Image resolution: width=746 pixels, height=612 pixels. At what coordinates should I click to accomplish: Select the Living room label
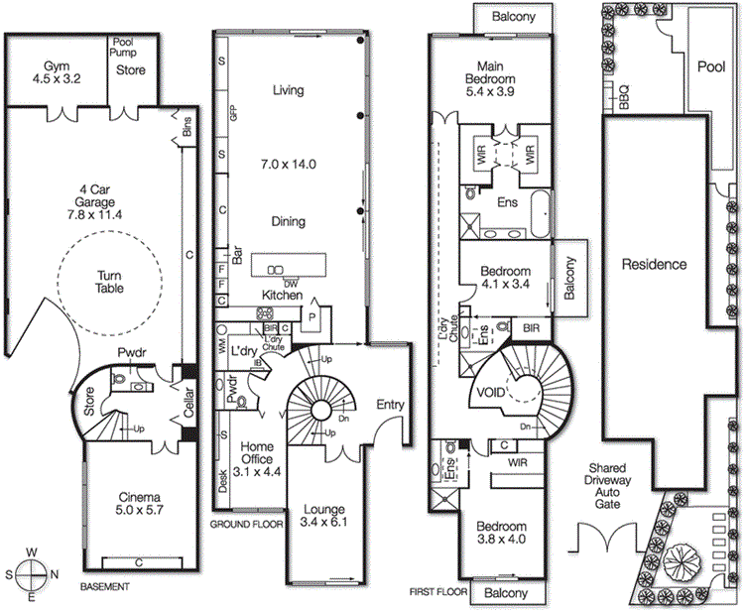pos(288,90)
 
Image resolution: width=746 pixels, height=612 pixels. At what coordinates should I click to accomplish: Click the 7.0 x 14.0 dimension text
pos(288,165)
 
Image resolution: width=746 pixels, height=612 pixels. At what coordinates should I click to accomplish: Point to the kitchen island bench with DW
pos(288,268)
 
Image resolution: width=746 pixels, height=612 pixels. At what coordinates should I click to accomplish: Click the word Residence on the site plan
pos(654,265)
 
